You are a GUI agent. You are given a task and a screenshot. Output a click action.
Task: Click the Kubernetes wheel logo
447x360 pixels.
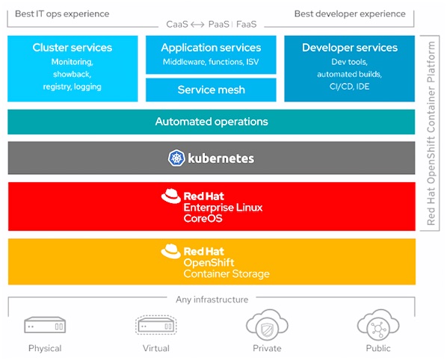(x=176, y=158)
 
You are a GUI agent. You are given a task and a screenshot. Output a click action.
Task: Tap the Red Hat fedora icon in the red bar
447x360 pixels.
(x=171, y=196)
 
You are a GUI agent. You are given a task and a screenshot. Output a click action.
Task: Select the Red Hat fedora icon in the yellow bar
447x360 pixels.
(x=171, y=251)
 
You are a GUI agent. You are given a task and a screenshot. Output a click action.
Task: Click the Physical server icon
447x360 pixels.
(x=45, y=325)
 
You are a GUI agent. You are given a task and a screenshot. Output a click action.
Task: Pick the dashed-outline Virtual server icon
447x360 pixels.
(x=156, y=325)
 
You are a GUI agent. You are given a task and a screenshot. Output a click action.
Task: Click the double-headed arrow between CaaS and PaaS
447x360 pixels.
(x=197, y=25)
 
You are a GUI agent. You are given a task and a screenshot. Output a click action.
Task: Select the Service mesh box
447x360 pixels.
(x=211, y=90)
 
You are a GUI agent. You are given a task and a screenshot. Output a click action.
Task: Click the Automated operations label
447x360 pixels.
(x=212, y=122)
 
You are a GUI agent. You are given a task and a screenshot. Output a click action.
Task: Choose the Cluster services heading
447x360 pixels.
(x=73, y=48)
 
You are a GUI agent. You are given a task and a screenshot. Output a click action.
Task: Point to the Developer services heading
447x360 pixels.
(x=350, y=48)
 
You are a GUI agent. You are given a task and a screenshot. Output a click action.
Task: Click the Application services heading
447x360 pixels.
(x=211, y=48)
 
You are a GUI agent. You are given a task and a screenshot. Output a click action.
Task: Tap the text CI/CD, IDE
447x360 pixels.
(x=350, y=87)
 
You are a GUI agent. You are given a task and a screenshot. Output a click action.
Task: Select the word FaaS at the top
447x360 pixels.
(x=247, y=25)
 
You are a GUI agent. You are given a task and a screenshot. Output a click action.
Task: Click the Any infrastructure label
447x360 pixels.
(x=212, y=300)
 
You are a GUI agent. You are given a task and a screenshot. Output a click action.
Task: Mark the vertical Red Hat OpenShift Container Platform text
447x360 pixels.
(x=431, y=133)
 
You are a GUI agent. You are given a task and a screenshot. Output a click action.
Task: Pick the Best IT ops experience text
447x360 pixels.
(x=62, y=13)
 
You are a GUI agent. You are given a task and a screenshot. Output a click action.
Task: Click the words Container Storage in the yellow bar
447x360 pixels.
(x=226, y=273)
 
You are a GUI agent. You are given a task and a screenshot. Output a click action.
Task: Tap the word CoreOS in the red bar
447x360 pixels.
(x=203, y=218)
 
